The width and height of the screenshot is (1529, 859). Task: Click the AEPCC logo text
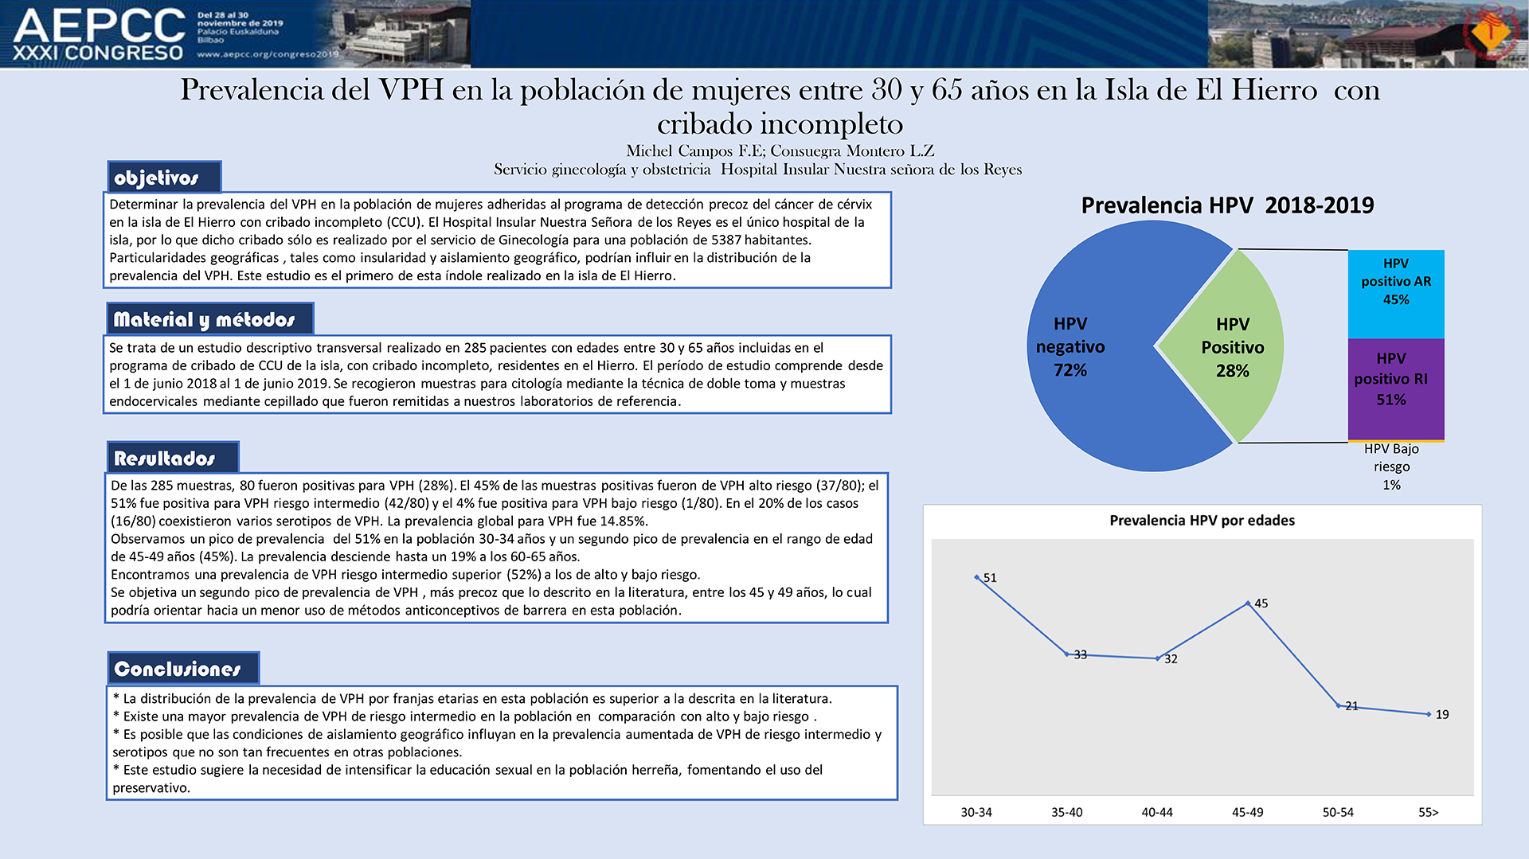tap(100, 25)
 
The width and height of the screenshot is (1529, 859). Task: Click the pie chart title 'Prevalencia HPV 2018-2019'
tap(1227, 205)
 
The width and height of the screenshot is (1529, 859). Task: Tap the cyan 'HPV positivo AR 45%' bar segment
tap(1396, 294)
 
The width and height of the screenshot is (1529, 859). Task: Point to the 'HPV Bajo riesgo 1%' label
tap(1391, 467)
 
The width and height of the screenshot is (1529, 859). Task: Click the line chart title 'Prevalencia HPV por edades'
tap(1202, 521)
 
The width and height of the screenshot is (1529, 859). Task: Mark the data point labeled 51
tap(977, 577)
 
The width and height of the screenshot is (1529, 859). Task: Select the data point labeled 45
tap(1248, 603)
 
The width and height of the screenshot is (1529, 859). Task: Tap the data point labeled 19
tap(1429, 714)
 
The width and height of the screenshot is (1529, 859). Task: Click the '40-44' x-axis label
tap(1157, 812)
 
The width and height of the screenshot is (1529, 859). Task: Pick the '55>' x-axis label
tap(1429, 812)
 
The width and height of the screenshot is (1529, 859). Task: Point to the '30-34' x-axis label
tap(976, 812)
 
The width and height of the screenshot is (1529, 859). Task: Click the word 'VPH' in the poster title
tap(411, 90)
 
